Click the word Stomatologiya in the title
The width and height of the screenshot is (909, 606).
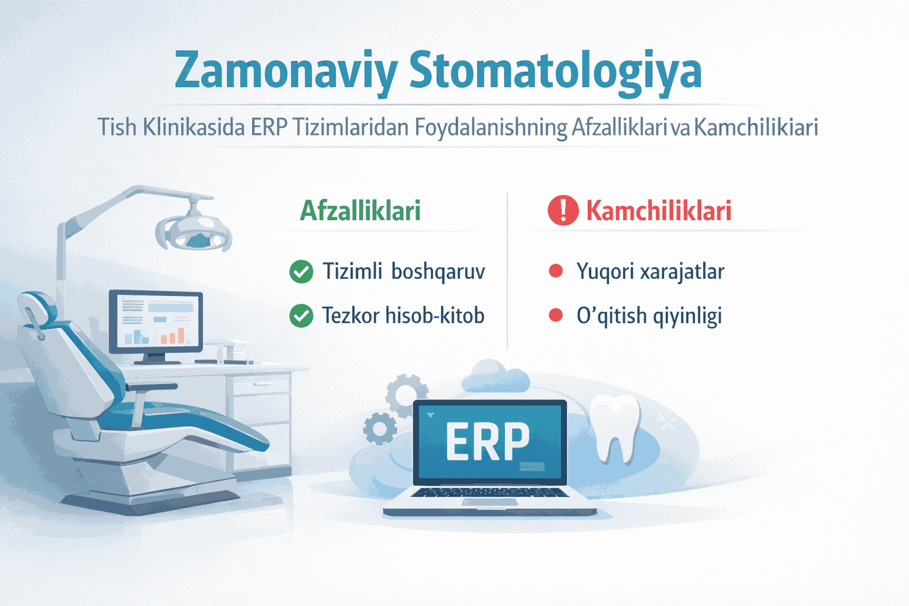point(555,71)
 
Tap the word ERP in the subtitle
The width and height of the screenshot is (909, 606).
point(269,127)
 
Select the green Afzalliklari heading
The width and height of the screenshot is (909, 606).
point(360,211)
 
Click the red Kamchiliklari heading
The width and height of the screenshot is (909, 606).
point(659,211)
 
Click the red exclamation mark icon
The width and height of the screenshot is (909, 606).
point(563,211)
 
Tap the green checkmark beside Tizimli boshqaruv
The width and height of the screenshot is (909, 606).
point(301,272)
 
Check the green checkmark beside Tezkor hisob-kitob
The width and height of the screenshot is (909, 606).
point(301,315)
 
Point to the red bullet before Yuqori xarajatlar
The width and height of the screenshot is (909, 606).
point(556,271)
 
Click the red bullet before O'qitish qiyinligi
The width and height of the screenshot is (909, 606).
point(556,315)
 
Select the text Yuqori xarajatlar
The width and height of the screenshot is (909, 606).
point(650,272)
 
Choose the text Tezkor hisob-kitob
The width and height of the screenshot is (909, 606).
point(403,315)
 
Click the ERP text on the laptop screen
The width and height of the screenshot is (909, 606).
point(488,441)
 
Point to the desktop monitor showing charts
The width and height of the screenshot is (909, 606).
point(156,323)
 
